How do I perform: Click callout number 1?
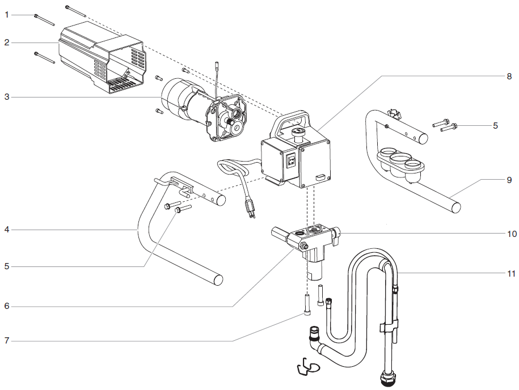pyautogui.click(x=7, y=15)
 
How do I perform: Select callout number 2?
pyautogui.click(x=7, y=43)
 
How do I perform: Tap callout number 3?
pyautogui.click(x=7, y=97)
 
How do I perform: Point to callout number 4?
pyautogui.click(x=7, y=230)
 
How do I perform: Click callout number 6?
pyautogui.click(x=7, y=306)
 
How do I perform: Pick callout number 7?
pyautogui.click(x=7, y=341)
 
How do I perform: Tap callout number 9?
pyautogui.click(x=509, y=180)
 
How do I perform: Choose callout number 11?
pyautogui.click(x=510, y=273)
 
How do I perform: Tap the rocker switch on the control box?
pyautogui.click(x=291, y=161)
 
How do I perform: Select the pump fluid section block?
pyautogui.click(x=309, y=244)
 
